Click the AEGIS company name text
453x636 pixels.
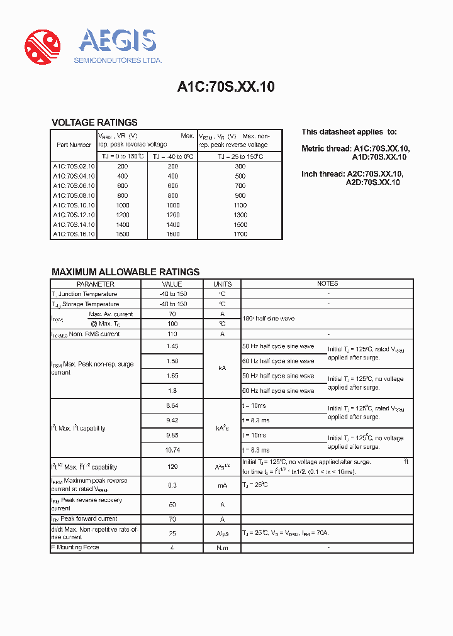(117, 41)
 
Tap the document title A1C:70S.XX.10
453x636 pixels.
(226, 87)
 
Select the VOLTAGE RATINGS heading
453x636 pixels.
(94, 123)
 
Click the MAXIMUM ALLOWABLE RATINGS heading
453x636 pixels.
(125, 272)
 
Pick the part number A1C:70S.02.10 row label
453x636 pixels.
(74, 167)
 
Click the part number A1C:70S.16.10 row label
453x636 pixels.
(74, 234)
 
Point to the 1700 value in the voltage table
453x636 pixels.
(240, 234)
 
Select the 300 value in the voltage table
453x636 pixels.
(240, 167)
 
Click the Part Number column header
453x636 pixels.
(74, 145)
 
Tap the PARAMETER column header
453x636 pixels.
(96, 284)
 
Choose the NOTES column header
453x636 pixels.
(327, 284)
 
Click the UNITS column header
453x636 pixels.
(222, 284)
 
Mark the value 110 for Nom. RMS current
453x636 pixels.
(172, 334)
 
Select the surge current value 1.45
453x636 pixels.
(172, 346)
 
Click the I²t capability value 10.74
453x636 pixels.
(172, 450)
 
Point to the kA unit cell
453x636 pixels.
(222, 368)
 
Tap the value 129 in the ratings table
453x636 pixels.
(172, 467)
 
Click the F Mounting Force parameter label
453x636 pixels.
(75, 547)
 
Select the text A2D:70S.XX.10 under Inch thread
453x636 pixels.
(372, 182)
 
